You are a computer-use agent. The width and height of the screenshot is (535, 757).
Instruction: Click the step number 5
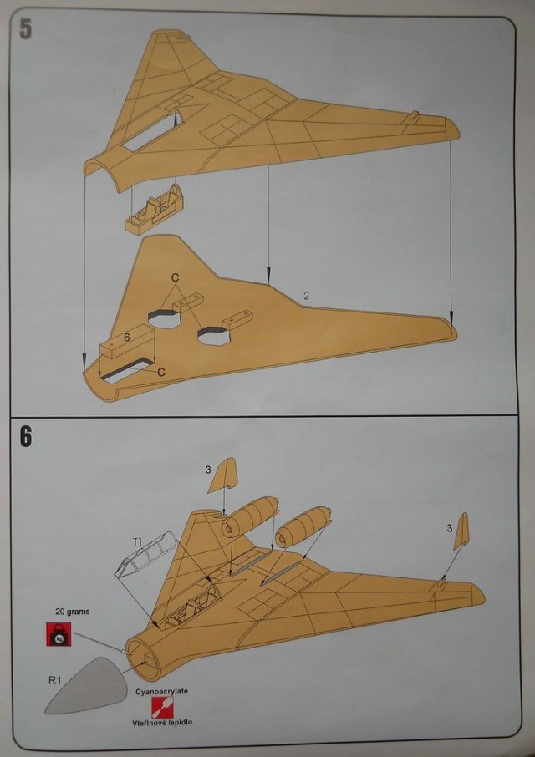(25, 29)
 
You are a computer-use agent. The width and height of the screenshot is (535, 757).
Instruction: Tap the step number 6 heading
(26, 437)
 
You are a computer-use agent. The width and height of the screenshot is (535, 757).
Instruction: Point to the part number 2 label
(307, 297)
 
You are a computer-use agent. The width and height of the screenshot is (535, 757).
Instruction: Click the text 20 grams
(73, 611)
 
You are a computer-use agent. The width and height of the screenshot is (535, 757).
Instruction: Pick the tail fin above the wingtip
(461, 531)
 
